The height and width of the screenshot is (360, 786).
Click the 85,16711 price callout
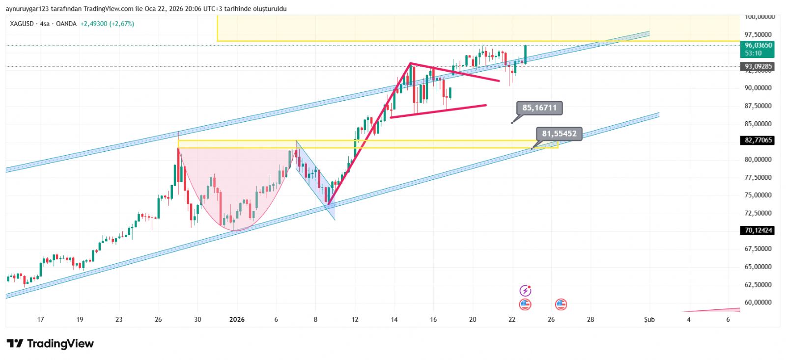pyautogui.click(x=539, y=108)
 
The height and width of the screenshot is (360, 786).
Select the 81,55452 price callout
pyautogui.click(x=559, y=134)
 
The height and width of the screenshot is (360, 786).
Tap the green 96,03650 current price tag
pyautogui.click(x=758, y=49)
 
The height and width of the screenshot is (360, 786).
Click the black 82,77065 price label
pyautogui.click(x=758, y=140)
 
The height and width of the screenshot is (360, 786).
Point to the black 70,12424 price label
pyautogui.click(x=758, y=230)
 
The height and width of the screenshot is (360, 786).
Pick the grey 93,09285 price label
pyautogui.click(x=758, y=66)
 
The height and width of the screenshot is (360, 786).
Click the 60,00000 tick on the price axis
pyautogui.click(x=758, y=303)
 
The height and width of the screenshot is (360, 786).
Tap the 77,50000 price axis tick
pyautogui.click(x=758, y=177)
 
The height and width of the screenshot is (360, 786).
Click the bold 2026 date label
pyautogui.click(x=237, y=320)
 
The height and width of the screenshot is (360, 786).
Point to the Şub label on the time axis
pyautogui.click(x=649, y=320)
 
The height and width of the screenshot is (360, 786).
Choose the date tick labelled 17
pyautogui.click(x=41, y=320)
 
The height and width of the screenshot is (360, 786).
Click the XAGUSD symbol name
pyautogui.click(x=22, y=24)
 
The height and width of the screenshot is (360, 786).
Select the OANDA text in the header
pyautogui.click(x=66, y=24)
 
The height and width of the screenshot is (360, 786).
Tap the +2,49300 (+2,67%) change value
pyautogui.click(x=107, y=24)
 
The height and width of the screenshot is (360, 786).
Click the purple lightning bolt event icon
pyautogui.click(x=525, y=291)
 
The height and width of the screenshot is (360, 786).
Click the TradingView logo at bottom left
pyautogui.click(x=50, y=344)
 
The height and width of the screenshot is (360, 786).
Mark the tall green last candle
pyautogui.click(x=526, y=54)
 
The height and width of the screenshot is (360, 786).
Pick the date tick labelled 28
pyautogui.click(x=590, y=320)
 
